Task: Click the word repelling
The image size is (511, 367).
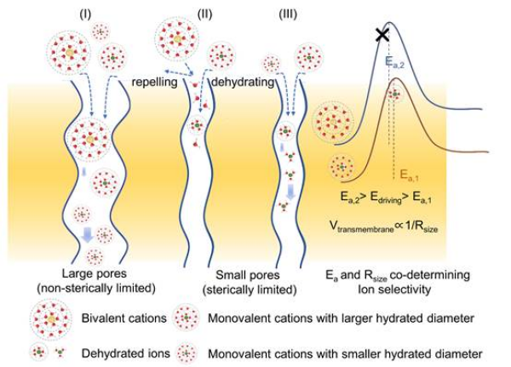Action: [153, 83]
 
